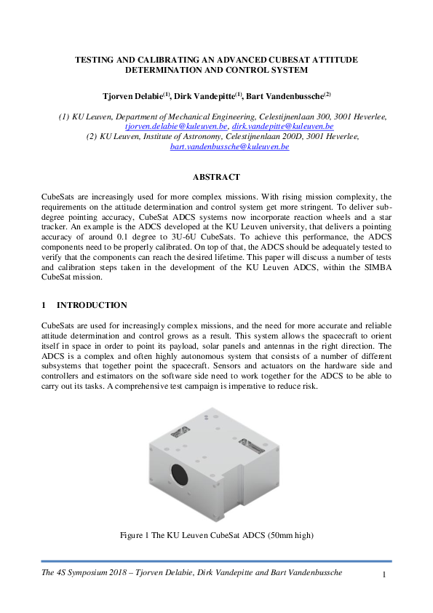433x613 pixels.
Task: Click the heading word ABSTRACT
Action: [216, 177]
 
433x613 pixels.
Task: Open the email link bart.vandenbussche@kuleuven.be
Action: [229, 146]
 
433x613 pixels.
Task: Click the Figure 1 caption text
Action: [216, 536]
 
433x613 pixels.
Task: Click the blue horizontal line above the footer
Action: [216, 561]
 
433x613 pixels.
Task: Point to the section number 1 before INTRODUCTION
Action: [44, 305]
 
